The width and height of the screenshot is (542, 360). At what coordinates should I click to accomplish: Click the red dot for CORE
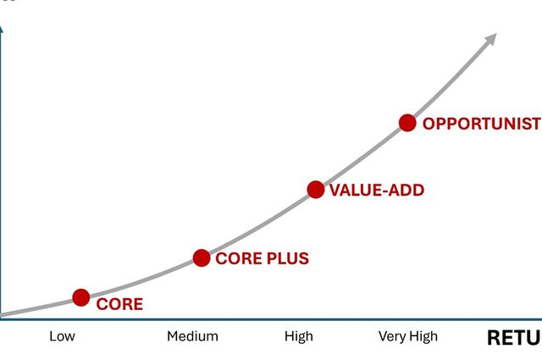[x=81, y=296]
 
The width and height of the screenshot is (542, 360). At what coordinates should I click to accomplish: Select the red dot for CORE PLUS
[x=202, y=258]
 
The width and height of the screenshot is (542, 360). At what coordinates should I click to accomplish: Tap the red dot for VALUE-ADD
[x=316, y=190]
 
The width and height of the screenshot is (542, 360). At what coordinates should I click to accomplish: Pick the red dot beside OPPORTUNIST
[x=407, y=123]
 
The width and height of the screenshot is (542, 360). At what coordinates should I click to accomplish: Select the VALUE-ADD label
[x=376, y=191]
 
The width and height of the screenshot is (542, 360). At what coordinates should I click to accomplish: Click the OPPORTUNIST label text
[x=480, y=124]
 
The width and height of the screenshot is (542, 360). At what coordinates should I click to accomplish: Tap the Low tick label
[x=62, y=336]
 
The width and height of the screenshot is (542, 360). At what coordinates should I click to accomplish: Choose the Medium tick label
[x=192, y=336]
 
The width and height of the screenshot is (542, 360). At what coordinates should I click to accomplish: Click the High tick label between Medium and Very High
[x=299, y=336]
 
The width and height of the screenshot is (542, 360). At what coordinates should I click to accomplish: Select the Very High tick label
[x=408, y=336]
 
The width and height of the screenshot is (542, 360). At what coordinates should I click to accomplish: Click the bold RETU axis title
[x=513, y=337]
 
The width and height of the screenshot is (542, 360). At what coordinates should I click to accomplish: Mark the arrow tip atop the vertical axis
[x=2, y=27]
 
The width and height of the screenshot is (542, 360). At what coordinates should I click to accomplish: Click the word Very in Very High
[x=392, y=336]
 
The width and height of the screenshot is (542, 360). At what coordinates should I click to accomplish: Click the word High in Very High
[x=423, y=336]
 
